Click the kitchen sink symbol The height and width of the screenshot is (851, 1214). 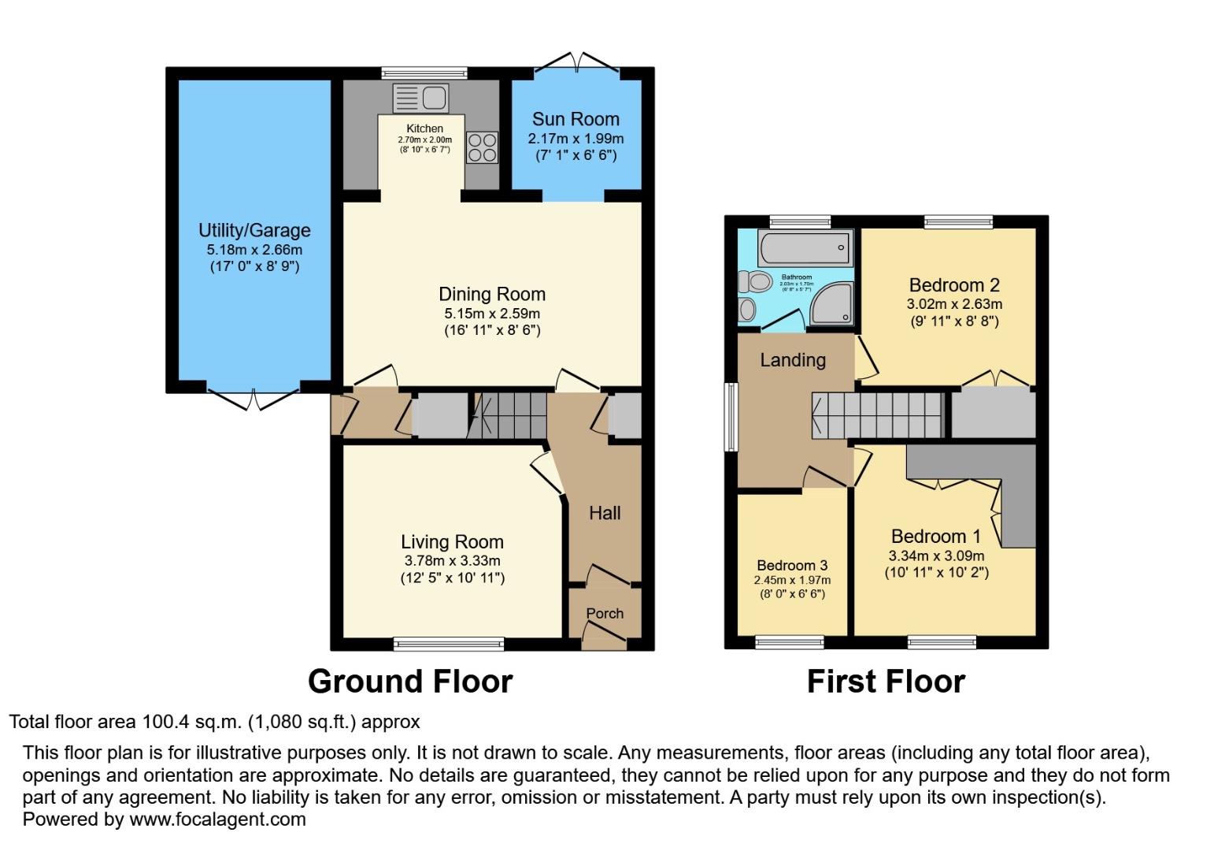(420, 98)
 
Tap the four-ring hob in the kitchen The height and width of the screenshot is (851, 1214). (483, 147)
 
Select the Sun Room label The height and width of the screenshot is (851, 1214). (576, 120)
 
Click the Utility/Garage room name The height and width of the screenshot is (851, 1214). (254, 231)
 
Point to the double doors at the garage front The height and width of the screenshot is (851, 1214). (254, 398)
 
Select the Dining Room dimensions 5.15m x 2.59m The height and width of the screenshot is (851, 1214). (492, 314)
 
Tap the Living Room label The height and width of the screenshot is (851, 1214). (452, 542)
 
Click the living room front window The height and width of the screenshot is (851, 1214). (450, 644)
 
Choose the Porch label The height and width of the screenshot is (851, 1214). (605, 613)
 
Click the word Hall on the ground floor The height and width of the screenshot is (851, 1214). (605, 514)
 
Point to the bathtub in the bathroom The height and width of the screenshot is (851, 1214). (805, 248)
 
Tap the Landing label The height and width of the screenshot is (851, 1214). (793, 360)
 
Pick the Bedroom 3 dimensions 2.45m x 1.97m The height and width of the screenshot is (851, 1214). (792, 580)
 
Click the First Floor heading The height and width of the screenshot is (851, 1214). (886, 682)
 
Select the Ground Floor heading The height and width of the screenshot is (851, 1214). (410, 682)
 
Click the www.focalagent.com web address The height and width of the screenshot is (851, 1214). (217, 819)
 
